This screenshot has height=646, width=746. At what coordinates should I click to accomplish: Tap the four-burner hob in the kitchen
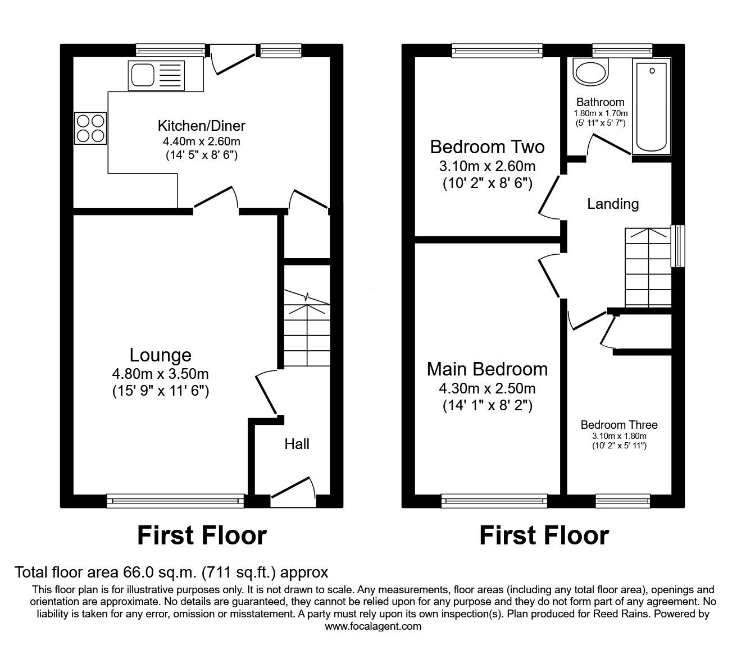click(90, 128)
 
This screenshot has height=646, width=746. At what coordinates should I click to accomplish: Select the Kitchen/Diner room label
click(202, 126)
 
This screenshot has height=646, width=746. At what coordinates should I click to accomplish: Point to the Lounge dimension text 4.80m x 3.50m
click(161, 374)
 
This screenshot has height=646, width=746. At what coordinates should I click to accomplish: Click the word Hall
click(297, 444)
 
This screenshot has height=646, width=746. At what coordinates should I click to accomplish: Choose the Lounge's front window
click(175, 498)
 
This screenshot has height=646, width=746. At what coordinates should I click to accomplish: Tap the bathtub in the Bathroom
click(652, 106)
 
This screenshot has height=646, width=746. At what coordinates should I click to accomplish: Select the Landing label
click(613, 204)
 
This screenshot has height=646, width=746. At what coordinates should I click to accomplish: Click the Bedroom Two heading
click(487, 147)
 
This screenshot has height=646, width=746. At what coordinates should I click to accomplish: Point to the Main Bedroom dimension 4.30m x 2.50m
click(487, 388)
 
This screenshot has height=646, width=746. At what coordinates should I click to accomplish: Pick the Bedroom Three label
click(619, 425)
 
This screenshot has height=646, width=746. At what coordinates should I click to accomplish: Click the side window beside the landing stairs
click(678, 246)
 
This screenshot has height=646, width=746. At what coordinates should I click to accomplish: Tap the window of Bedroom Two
click(497, 51)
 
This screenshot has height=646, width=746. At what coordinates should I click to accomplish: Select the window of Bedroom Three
click(622, 498)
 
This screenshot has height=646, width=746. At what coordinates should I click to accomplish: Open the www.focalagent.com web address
click(373, 626)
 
